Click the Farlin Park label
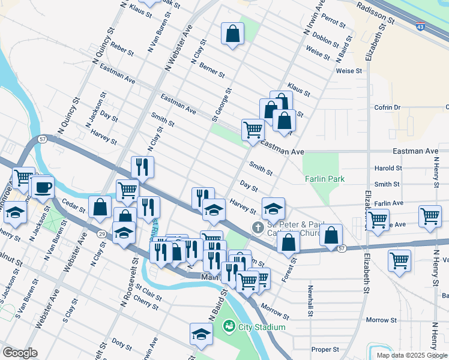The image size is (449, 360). pyautogui.click(x=324, y=179)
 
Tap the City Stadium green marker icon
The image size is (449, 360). pyautogui.click(x=228, y=327)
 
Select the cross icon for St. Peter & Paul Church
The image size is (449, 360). pyautogui.click(x=258, y=227)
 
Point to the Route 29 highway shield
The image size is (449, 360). pyautogui.click(x=102, y=233)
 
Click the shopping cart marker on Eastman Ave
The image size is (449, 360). pyautogui.click(x=253, y=128)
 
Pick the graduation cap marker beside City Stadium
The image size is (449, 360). pyautogui.click(x=201, y=334)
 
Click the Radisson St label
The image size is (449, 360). pyautogui.click(x=374, y=12)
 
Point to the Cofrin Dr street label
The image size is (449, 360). pyautogui.click(x=388, y=107)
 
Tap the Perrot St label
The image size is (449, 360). pyautogui.click(x=333, y=22)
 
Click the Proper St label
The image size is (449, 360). pyautogui.click(x=325, y=349)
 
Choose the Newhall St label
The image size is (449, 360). pyautogui.click(x=311, y=305)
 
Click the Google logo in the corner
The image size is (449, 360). pyautogui.click(x=20, y=353)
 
